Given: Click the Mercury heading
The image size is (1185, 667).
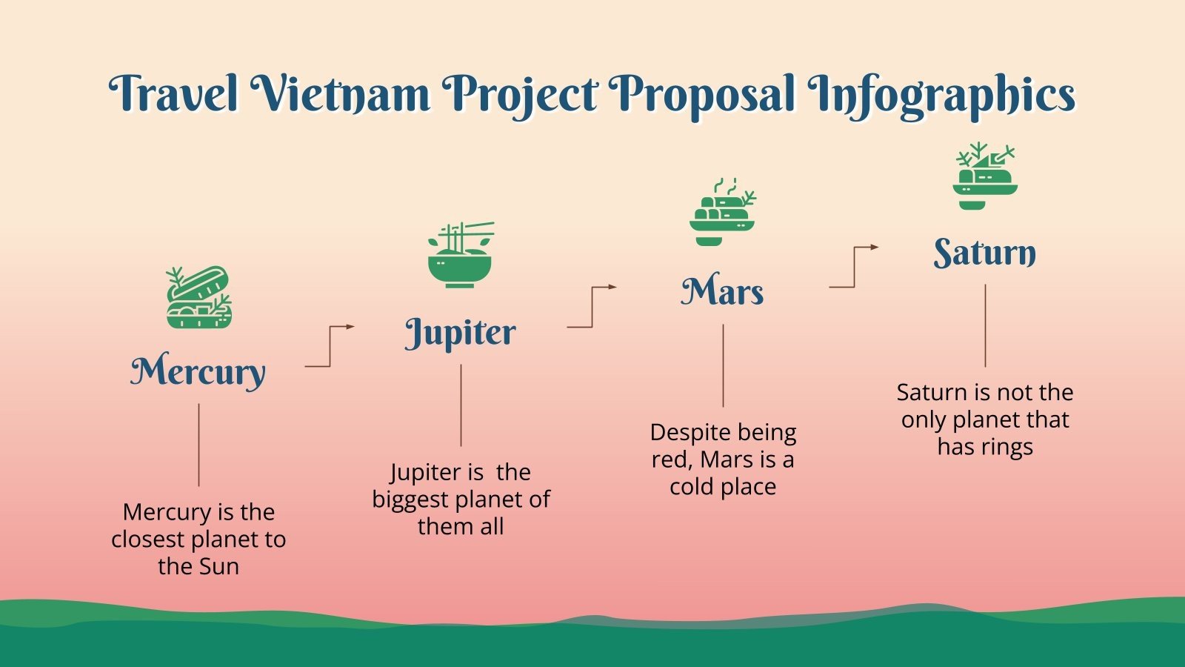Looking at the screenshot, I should point(198,371).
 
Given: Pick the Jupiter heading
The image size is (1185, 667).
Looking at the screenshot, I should point(460,333).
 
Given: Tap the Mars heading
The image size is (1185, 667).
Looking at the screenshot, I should point(722,291).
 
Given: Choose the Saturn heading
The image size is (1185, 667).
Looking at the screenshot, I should point(984,253).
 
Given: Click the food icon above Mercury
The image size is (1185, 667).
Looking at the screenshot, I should point(198,297).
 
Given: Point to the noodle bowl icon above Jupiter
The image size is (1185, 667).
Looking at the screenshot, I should point(461,255).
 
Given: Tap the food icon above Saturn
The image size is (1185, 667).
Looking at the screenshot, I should point(984,176).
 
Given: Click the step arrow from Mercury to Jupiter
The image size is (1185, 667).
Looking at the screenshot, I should point(330,346).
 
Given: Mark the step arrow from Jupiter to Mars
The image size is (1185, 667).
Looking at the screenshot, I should point(592,307).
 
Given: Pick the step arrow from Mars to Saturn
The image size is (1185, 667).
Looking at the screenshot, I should point(854,267).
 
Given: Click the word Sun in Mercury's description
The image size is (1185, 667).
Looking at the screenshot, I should point(219,567).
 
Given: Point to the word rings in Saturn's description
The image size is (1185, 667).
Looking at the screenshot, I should point(1009,447).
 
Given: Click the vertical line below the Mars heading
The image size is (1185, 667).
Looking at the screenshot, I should point(723,366).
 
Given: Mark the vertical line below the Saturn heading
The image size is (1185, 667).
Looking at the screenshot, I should point(985,326).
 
